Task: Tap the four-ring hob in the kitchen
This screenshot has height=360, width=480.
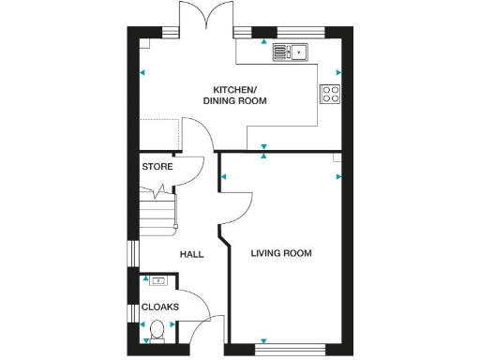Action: (x=330, y=93)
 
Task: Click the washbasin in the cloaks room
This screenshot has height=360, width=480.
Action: (x=158, y=280)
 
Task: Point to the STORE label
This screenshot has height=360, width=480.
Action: (x=157, y=167)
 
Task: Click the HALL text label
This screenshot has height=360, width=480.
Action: (x=191, y=254)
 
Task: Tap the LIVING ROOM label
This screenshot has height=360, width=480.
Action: (x=281, y=254)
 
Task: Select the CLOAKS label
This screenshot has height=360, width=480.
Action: (x=159, y=307)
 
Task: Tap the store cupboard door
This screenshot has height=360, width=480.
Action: (x=190, y=169)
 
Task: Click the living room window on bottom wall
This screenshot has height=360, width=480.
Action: (x=290, y=350)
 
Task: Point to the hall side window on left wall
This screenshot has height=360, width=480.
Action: (x=132, y=254)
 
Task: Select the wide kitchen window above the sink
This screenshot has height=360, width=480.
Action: (x=281, y=33)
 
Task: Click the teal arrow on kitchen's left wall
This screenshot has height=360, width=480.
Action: (x=142, y=72)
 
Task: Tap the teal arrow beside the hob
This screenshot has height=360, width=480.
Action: (x=338, y=72)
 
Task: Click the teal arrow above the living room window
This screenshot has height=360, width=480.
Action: (x=263, y=339)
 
